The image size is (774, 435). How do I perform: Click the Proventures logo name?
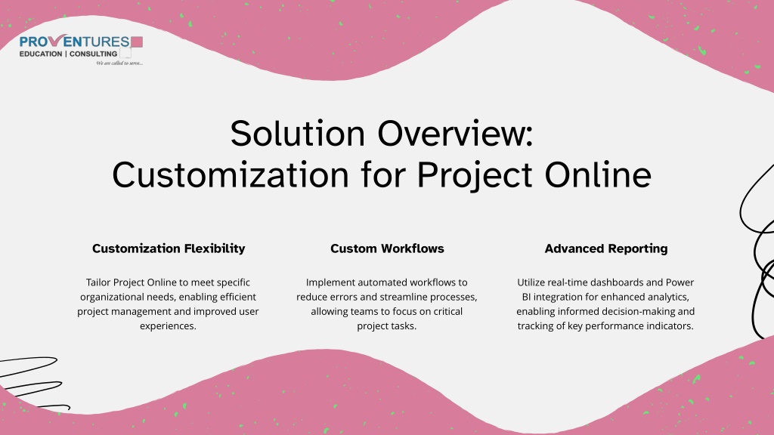(75, 42)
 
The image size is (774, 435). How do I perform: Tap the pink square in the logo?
(137, 42)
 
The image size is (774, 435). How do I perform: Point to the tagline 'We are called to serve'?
(119, 63)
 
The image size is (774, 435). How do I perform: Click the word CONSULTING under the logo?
(93, 54)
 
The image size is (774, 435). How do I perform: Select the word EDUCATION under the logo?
(41, 54)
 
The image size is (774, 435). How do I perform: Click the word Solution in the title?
(298, 133)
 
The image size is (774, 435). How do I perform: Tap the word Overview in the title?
(455, 133)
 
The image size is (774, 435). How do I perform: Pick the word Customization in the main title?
(231, 174)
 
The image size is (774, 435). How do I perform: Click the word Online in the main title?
(598, 174)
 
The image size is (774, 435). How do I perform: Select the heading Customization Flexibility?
(169, 248)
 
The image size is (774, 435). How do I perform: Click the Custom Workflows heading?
(387, 248)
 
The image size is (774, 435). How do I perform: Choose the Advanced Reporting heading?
(605, 248)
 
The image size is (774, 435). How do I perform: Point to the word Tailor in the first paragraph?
(98, 282)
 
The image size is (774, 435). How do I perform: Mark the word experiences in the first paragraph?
(168, 326)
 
